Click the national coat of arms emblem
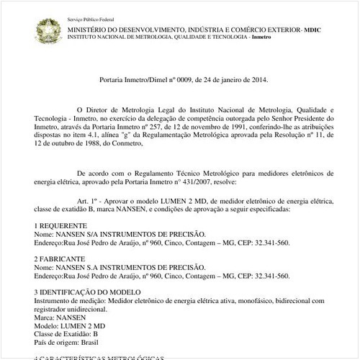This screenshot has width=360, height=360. (50, 30)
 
